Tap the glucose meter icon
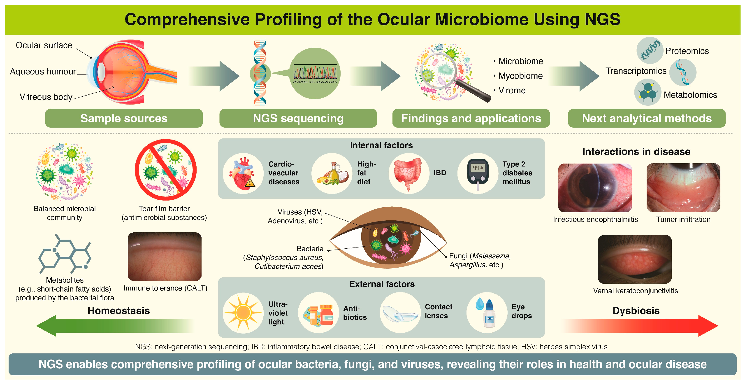point(478,173)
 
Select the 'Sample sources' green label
point(124,118)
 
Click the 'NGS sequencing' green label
point(298,118)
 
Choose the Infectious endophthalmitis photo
point(595,188)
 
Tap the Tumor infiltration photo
point(683,188)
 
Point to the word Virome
point(512,91)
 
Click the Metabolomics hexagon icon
point(648,92)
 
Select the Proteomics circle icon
point(650,50)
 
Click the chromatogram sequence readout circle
point(315,73)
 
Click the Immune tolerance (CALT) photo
point(165,257)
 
